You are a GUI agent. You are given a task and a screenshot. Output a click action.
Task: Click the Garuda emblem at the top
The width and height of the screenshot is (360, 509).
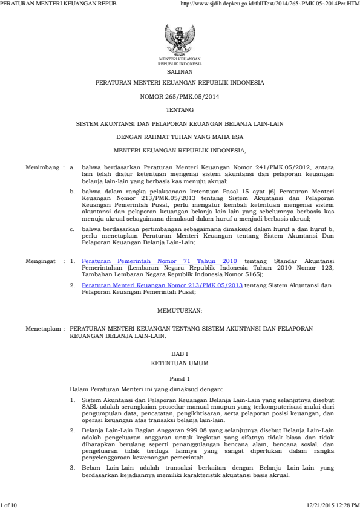click(x=180, y=39)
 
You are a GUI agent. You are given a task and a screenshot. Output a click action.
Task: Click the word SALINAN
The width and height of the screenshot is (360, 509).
click(x=180, y=71)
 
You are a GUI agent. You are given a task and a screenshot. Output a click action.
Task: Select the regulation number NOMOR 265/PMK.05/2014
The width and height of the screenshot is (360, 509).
click(x=180, y=96)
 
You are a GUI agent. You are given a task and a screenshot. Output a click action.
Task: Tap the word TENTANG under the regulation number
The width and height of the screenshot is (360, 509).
click(x=180, y=109)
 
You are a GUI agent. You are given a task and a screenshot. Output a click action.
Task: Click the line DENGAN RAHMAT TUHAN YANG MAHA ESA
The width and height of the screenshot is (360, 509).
click(x=180, y=137)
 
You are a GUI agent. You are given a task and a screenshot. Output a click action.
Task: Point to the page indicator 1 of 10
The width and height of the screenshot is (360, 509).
click(x=9, y=504)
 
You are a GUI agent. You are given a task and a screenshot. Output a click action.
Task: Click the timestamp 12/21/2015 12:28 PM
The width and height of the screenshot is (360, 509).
click(x=333, y=504)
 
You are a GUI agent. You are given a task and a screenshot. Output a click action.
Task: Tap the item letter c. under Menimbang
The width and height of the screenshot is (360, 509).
click(x=71, y=230)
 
